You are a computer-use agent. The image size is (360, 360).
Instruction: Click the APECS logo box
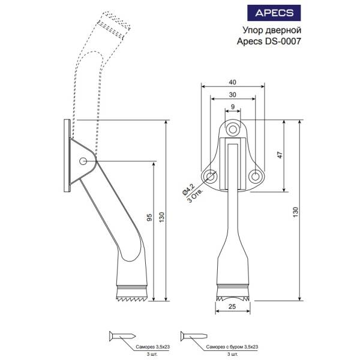(274, 13)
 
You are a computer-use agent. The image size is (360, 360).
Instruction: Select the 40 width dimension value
(232, 82)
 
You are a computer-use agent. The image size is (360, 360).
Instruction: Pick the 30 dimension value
(232, 95)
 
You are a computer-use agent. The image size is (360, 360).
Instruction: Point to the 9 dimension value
(233, 107)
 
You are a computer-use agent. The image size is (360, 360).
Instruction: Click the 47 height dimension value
(280, 155)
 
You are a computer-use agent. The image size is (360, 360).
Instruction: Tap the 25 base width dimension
(232, 306)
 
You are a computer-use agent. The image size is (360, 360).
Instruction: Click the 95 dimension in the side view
(149, 217)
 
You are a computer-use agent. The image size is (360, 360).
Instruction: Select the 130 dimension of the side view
(161, 217)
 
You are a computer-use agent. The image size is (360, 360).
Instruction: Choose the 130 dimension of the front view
(295, 212)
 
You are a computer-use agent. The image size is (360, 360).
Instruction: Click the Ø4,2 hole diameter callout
(189, 189)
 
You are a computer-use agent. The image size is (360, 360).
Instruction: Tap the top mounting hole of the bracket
(233, 130)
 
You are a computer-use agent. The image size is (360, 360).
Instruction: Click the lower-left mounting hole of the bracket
(210, 176)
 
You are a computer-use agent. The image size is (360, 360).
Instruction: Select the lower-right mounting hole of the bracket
(256, 176)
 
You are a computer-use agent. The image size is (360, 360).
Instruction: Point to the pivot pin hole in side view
(83, 161)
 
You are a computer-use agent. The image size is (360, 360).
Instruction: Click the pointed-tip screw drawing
(122, 337)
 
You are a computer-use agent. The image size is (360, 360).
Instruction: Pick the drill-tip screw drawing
(194, 337)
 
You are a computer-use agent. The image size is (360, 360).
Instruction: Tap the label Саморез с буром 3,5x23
(232, 347)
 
